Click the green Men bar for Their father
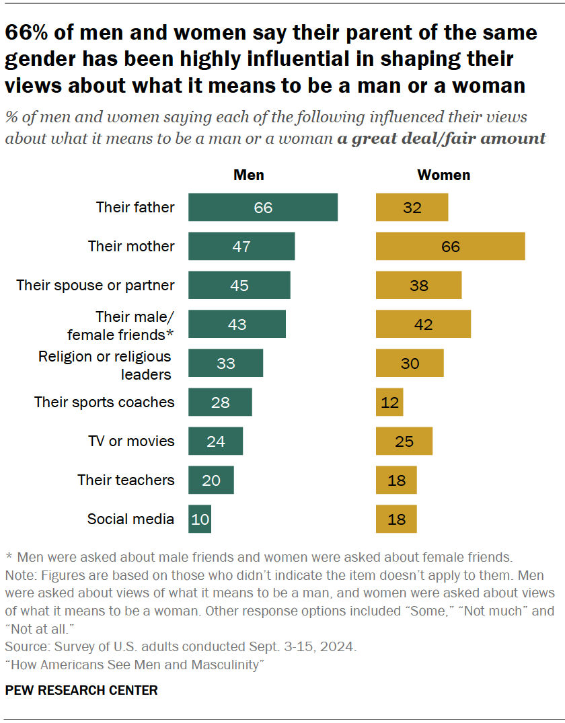[263, 207]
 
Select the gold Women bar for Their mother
[450, 246]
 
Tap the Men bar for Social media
[200, 519]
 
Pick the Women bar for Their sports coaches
[389, 402]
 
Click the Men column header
[248, 175]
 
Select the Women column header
[443, 175]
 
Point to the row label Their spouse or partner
[96, 285]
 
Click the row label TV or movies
[131, 441]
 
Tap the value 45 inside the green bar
[239, 285]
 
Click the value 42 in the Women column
[424, 324]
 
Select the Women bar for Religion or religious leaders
[410, 363]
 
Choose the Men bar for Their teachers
[211, 480]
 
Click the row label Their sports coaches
[104, 402]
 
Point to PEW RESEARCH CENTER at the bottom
[81, 690]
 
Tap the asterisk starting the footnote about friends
[9, 556]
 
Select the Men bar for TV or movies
[215, 441]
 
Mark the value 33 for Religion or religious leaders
[225, 363]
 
